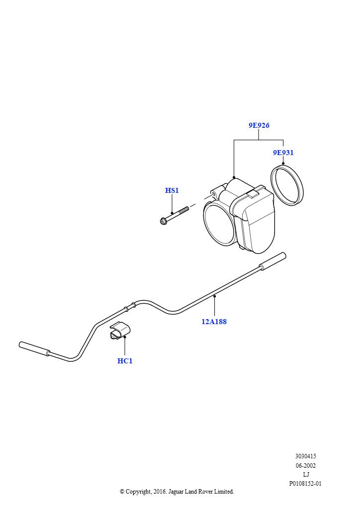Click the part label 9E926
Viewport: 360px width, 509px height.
click(259, 125)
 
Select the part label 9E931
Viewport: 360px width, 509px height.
click(283, 153)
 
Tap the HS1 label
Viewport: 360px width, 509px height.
click(172, 190)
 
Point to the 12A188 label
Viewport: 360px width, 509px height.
click(214, 322)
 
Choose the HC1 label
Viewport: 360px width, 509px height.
click(125, 361)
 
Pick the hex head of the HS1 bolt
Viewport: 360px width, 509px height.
click(163, 222)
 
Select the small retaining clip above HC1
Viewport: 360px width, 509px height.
click(119, 331)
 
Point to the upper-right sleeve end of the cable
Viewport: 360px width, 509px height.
click(272, 261)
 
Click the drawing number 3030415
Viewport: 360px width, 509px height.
click(305, 456)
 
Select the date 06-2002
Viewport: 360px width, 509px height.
click(305, 465)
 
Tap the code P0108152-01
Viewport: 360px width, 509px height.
click(305, 484)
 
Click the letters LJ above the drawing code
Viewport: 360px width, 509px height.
click(306, 475)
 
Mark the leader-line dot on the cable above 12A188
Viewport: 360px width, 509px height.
click(215, 296)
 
